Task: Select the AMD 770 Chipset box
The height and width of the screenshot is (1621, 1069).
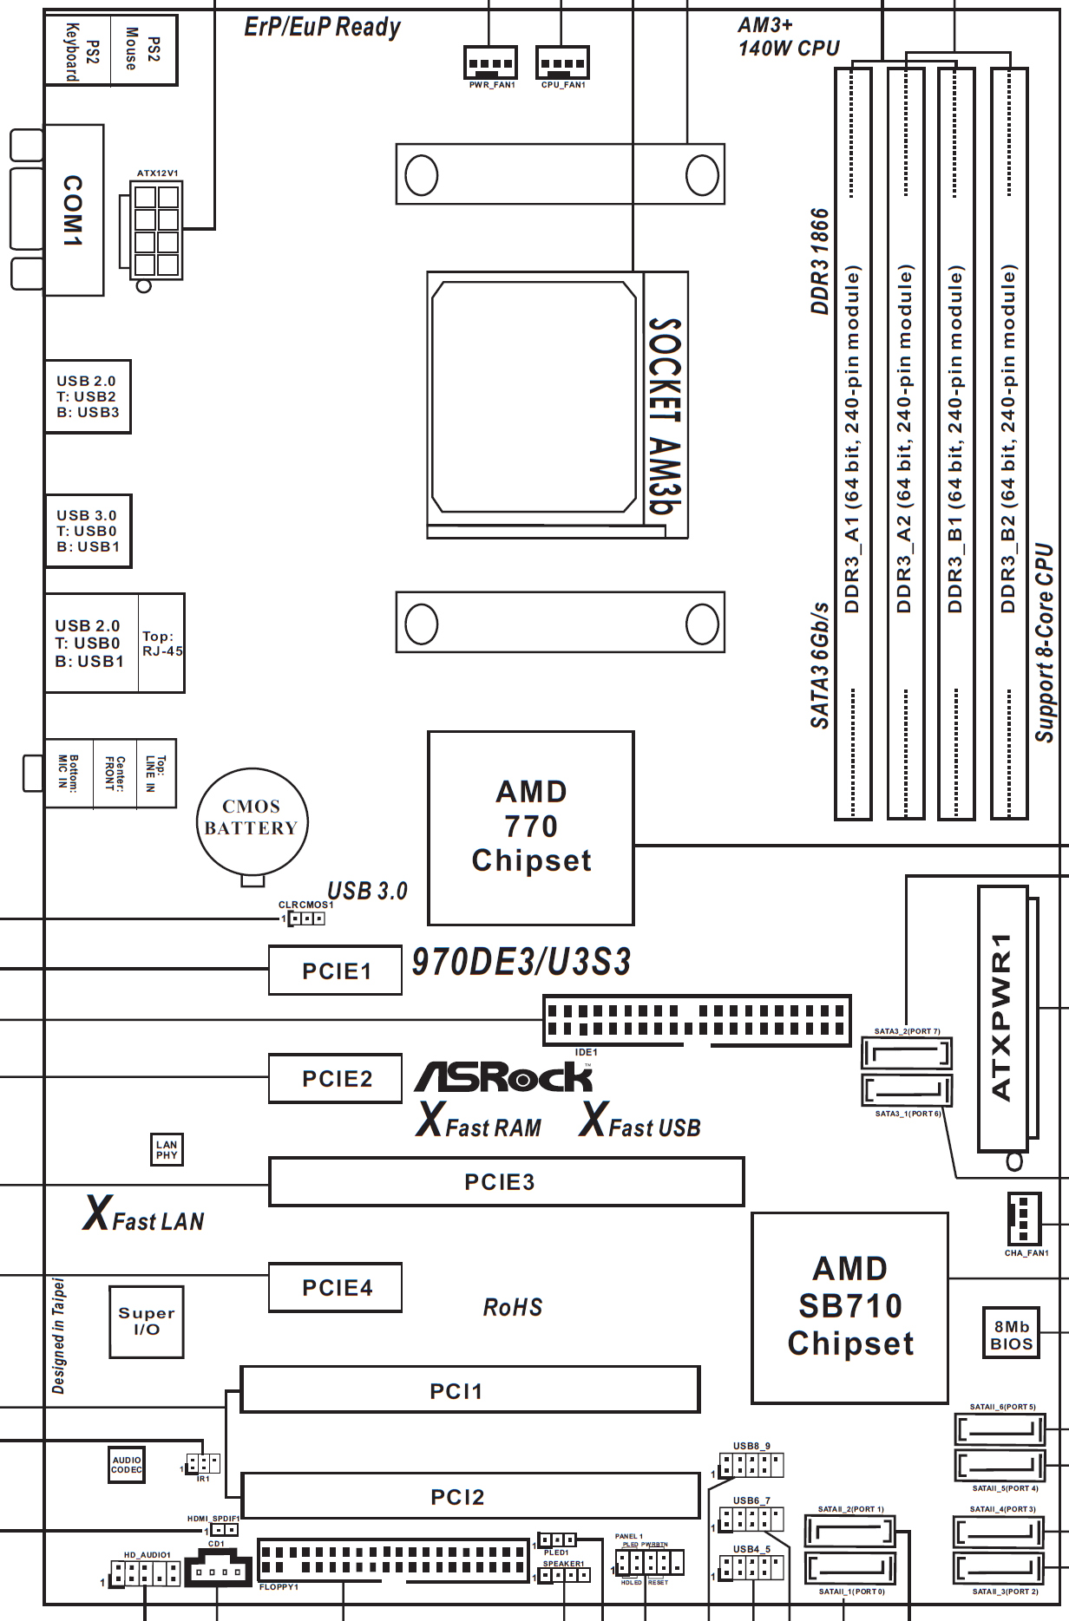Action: (531, 827)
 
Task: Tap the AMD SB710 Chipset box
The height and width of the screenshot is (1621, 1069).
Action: (849, 1307)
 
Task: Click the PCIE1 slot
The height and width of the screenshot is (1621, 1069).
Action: (335, 971)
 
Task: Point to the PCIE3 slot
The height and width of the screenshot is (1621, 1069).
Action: (506, 1182)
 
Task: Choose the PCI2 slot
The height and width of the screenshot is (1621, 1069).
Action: (469, 1496)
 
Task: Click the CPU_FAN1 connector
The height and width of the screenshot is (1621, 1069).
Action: (562, 63)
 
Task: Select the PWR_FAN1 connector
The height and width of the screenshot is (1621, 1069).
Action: (490, 63)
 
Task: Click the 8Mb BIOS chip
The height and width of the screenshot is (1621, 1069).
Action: (1011, 1335)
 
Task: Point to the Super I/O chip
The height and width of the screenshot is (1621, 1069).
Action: (147, 1321)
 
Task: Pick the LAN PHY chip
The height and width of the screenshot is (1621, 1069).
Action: (167, 1150)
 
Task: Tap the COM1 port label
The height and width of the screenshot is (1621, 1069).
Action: (74, 211)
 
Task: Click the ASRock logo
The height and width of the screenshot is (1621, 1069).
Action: (504, 1077)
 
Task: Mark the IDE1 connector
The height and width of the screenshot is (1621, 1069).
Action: (697, 1021)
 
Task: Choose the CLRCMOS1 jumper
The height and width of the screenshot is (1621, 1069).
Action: (306, 918)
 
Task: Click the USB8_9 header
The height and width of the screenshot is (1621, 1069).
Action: (751, 1466)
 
